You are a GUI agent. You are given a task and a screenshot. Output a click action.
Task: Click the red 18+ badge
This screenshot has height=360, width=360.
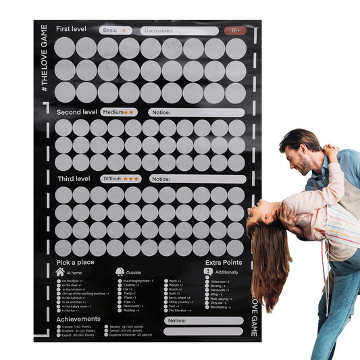point(235,30)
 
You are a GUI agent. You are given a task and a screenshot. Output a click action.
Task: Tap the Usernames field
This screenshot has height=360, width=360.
point(180,30)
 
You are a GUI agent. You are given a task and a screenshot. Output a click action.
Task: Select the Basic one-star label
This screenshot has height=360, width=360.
point(115,30)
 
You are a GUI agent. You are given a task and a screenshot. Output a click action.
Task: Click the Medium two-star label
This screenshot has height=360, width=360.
point(119,112)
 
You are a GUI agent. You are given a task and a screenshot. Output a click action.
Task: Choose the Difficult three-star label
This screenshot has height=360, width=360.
point(122,179)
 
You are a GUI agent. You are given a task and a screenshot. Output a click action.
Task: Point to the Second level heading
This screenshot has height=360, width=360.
point(76,111)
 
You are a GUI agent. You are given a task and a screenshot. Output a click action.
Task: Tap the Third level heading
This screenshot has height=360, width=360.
point(73,179)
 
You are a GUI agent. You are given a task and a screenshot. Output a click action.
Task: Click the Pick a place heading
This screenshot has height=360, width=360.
point(75,261)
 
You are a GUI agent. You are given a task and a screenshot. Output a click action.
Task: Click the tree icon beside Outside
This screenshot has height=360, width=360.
point(120,272)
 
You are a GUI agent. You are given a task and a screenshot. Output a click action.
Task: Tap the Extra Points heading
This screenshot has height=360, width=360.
point(222,261)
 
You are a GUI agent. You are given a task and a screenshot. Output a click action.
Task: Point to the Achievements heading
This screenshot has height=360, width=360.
point(78,318)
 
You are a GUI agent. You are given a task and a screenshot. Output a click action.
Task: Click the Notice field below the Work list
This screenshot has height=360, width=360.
point(203,321)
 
